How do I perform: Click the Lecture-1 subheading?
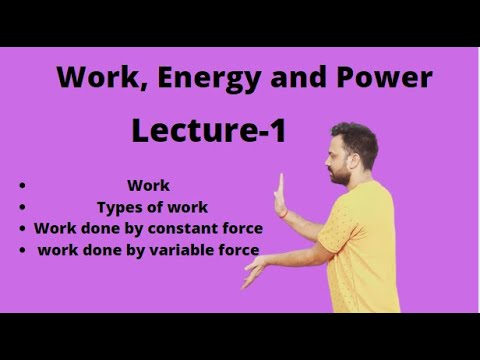pos(208,129)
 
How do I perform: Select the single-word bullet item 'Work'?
pos(148,185)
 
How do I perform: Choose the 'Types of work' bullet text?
pos(152,207)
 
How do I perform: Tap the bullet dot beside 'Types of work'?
pos(21,208)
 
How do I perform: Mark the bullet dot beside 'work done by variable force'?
pos(21,251)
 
